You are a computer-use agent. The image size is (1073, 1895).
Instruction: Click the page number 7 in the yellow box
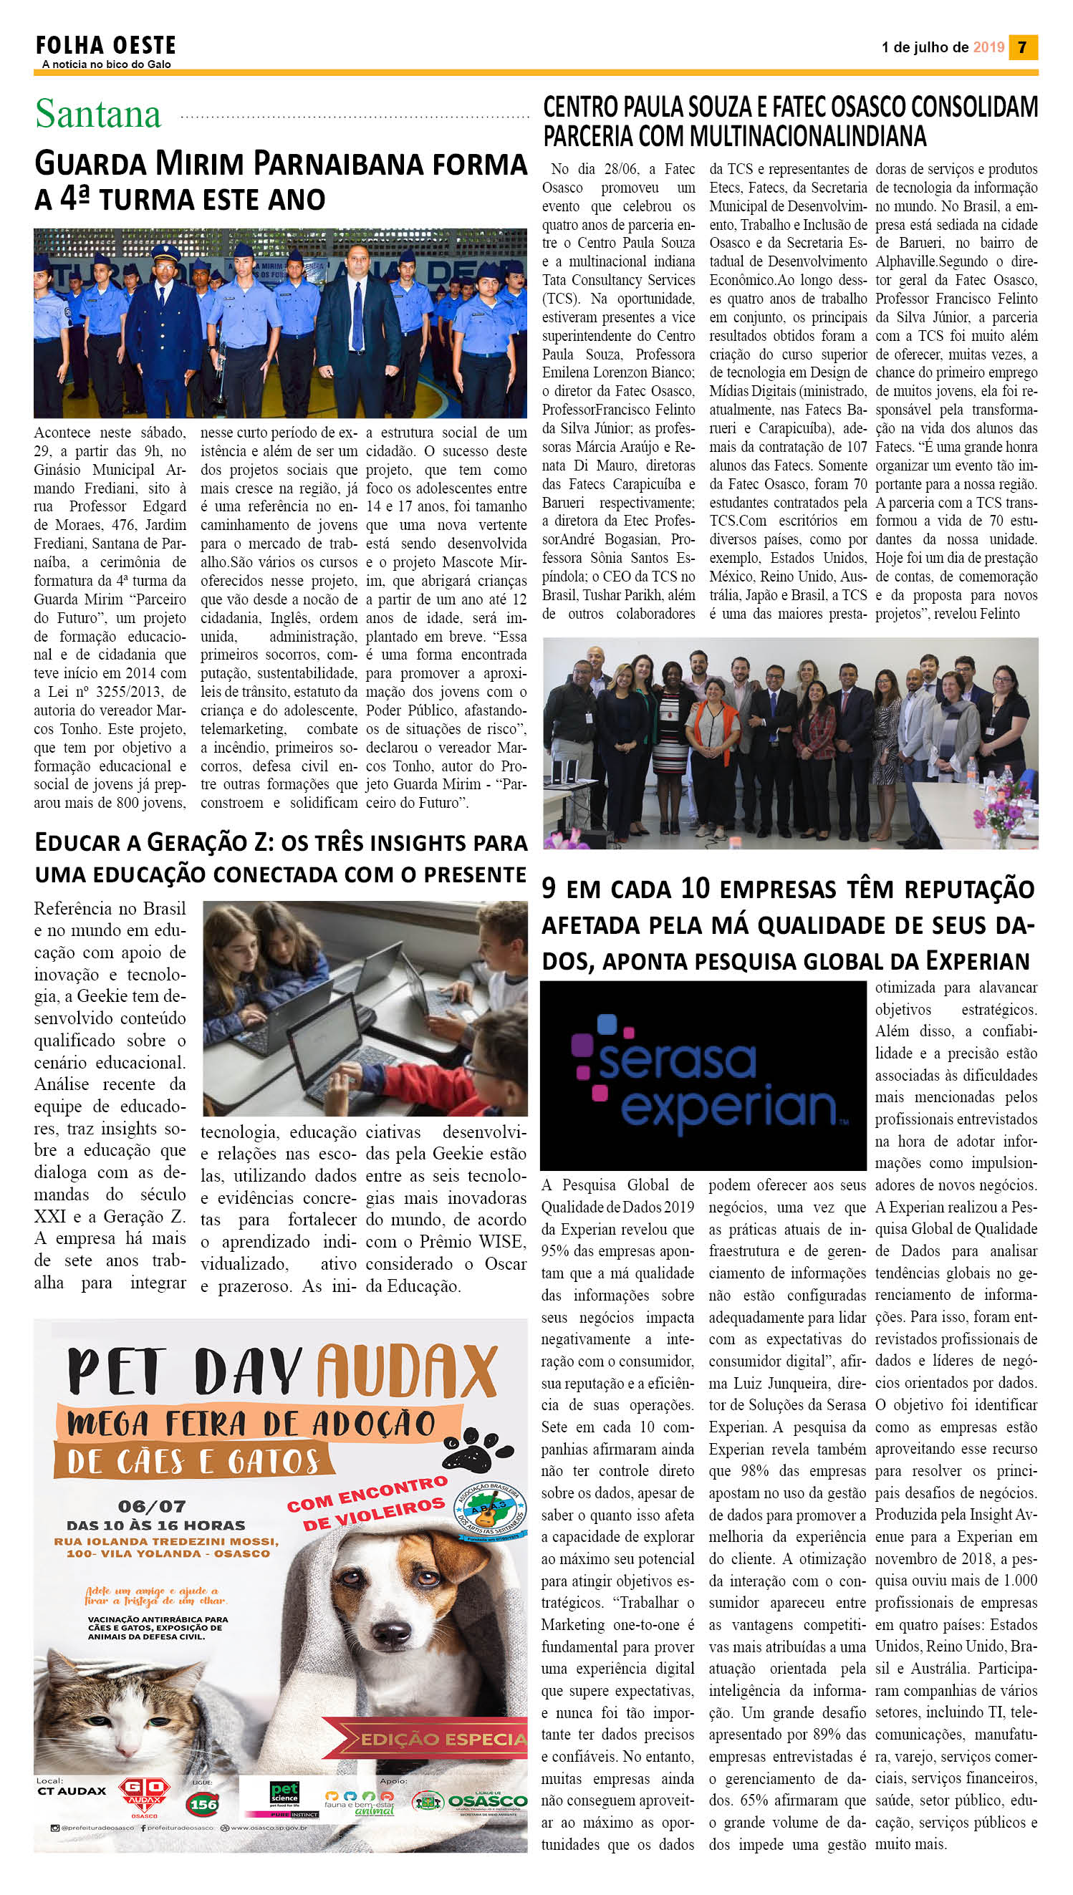[1023, 47]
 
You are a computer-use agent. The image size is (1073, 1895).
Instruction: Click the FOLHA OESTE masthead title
[105, 46]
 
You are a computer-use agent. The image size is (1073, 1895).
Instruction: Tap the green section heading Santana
[98, 114]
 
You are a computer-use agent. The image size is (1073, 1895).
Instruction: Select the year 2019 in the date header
[988, 47]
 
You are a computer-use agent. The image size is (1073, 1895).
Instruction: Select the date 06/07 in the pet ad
[151, 1507]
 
